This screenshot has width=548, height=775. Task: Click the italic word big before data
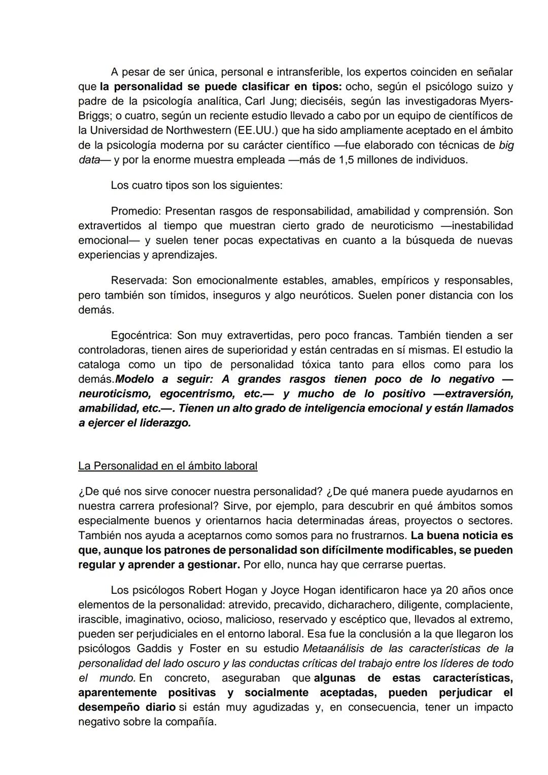coord(506,145)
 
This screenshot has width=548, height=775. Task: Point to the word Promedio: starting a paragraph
coord(135,211)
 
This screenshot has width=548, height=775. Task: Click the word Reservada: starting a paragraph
coord(139,280)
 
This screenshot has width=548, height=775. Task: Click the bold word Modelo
coord(135,379)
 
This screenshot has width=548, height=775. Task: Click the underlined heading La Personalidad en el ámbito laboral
coord(167,466)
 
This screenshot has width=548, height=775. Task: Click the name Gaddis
coord(154,649)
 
